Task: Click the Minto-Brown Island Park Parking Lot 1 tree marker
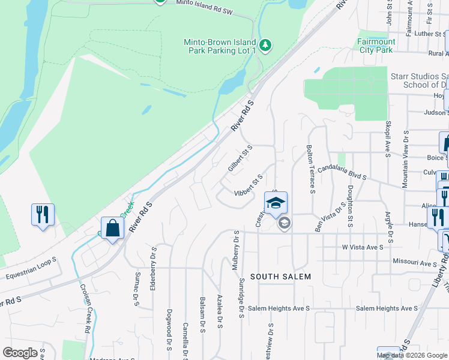coord(265,45)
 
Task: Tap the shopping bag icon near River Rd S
coord(112,228)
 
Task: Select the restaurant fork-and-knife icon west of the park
coord(43,215)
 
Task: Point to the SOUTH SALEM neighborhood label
coord(280,277)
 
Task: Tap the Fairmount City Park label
coord(376,46)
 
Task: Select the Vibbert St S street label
coord(249,185)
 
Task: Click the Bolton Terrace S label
coord(310,169)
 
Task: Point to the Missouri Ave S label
coord(415,263)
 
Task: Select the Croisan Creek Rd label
coord(84,308)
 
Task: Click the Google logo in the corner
coord(20,353)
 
